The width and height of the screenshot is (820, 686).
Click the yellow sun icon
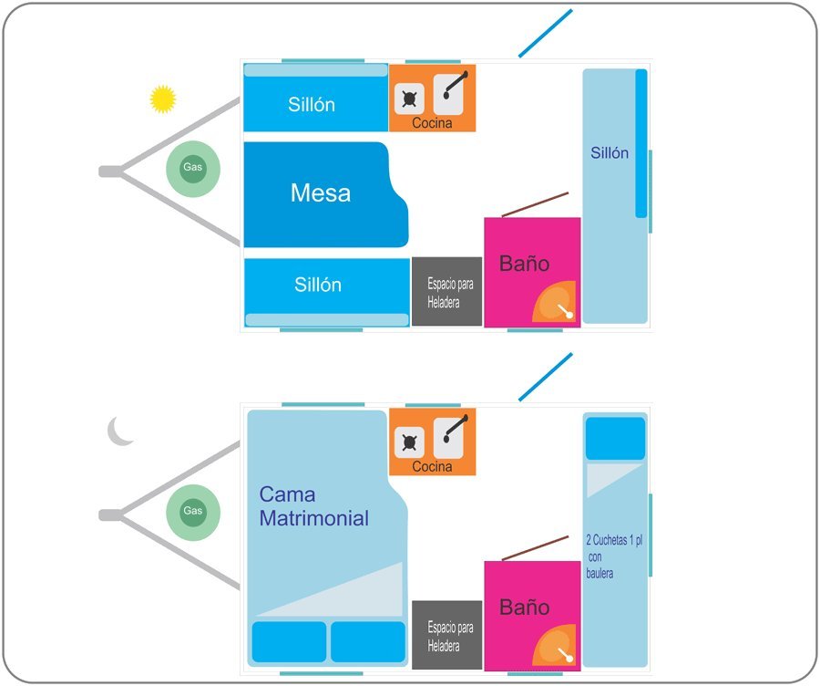(163, 99)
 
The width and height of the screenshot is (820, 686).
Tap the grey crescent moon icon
(118, 431)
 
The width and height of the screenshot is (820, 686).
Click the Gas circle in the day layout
(193, 169)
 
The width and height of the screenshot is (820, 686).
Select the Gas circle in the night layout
(193, 512)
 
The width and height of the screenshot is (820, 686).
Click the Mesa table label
(321, 192)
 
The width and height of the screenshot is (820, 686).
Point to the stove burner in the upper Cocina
(409, 99)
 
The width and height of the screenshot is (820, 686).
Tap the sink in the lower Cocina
(448, 437)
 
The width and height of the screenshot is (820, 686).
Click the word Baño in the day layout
(524, 263)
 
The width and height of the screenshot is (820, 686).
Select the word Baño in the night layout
(524, 607)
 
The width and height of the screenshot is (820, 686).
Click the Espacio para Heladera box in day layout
(446, 292)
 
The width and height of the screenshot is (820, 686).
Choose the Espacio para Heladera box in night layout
(446, 635)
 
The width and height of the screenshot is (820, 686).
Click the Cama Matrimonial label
(313, 506)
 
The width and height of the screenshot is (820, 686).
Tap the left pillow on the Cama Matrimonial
(289, 642)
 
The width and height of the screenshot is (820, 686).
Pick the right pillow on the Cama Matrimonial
(368, 642)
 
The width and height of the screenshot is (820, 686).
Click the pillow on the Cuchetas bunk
(615, 439)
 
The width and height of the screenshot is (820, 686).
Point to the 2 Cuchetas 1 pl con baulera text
(614, 556)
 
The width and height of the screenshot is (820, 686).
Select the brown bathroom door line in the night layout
(535, 548)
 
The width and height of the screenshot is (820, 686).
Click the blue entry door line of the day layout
(546, 33)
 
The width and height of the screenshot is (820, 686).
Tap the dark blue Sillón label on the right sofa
(610, 153)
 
